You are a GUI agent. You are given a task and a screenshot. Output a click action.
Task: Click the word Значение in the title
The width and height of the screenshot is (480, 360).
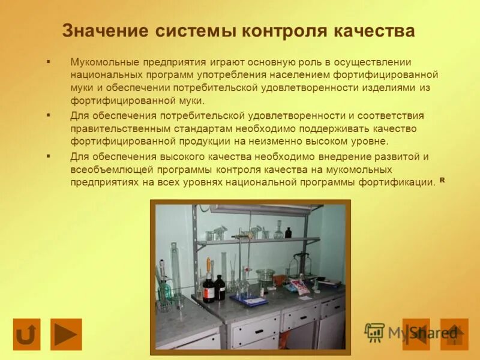[103, 31]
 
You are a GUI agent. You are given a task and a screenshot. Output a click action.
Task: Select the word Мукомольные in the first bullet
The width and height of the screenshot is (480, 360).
[104, 62]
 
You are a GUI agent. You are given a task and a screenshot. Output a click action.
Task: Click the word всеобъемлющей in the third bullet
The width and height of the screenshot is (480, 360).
[106, 169]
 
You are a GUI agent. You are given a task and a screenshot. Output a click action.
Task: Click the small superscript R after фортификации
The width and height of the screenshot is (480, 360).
[442, 179]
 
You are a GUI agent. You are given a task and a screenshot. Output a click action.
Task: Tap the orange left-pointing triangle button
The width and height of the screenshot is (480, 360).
[416, 334]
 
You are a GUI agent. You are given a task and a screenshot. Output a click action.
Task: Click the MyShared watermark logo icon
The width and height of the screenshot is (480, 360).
[374, 332]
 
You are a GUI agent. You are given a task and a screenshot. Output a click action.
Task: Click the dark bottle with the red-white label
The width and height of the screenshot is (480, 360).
[208, 287]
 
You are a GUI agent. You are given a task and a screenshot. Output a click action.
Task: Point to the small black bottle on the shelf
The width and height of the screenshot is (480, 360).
[288, 232]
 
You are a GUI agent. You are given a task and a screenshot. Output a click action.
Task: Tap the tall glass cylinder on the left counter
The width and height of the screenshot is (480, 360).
[174, 273]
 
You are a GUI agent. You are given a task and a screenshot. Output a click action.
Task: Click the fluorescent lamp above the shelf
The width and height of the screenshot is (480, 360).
[261, 210]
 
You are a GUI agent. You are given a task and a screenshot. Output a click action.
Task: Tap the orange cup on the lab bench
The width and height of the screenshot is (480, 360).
[280, 280]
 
